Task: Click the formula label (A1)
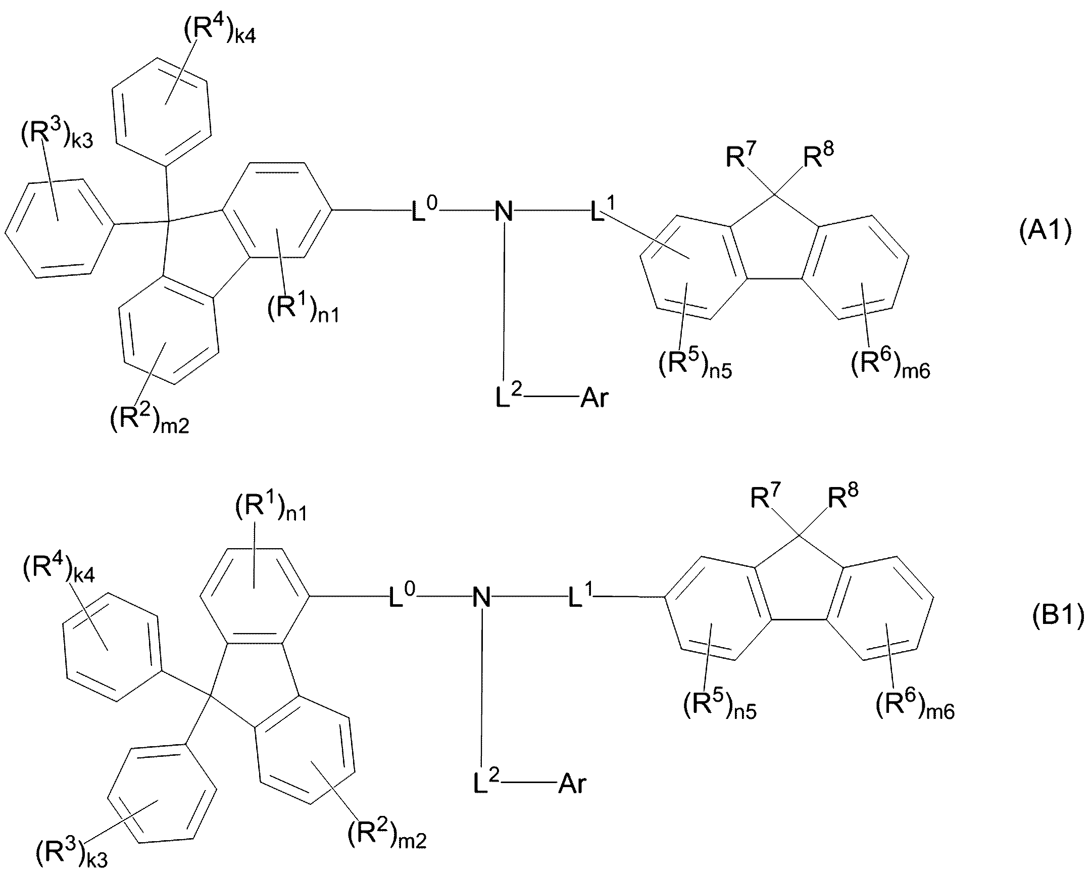(1045, 232)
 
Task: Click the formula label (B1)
(1058, 617)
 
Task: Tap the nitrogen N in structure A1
(504, 212)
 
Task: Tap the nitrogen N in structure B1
(481, 598)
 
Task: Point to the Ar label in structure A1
(594, 398)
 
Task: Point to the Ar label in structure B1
(572, 784)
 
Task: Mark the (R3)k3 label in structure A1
(57, 134)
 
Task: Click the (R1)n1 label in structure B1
(271, 508)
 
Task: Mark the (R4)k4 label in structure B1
(59, 570)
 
